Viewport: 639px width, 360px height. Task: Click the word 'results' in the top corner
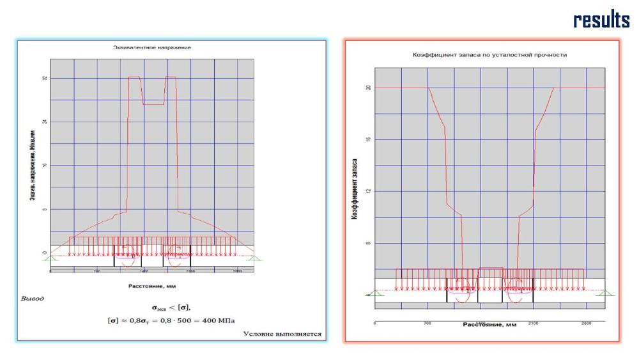(x=601, y=20)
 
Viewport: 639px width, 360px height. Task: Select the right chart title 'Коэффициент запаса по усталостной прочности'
(x=489, y=55)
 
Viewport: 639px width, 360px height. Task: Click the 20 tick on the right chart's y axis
(x=368, y=88)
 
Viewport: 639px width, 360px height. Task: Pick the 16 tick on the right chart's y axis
(x=368, y=139)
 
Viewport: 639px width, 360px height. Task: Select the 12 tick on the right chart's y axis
(x=368, y=191)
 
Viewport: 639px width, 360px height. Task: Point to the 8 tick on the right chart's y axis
(x=368, y=244)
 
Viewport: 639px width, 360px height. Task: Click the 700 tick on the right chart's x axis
(x=427, y=324)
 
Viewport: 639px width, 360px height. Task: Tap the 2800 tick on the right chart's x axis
(x=587, y=324)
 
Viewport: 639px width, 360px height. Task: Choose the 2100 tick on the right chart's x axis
(x=534, y=324)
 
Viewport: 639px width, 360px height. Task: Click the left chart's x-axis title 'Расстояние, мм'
(x=152, y=286)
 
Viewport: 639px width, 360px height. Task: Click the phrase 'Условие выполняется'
(x=282, y=334)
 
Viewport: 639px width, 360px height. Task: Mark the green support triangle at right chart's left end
(x=369, y=292)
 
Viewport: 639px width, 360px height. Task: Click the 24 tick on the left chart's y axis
(x=43, y=121)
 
